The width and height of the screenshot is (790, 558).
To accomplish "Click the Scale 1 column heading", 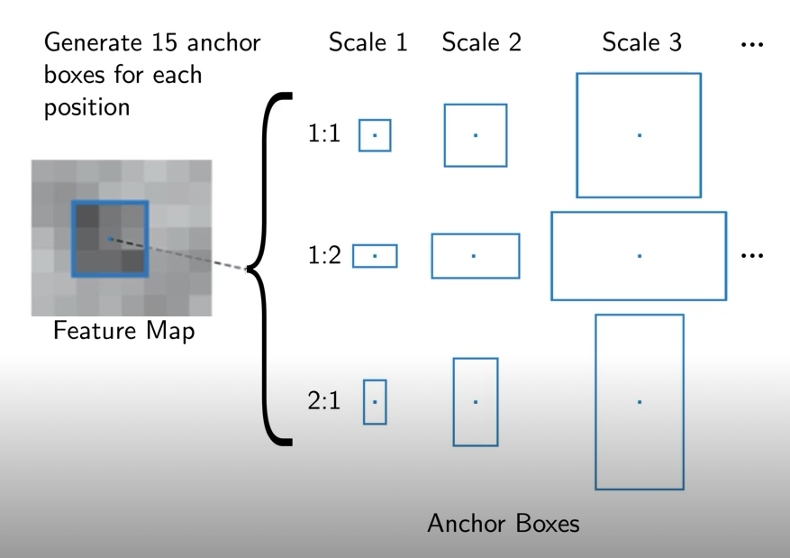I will tap(368, 42).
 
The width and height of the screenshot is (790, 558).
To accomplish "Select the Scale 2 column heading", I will tap(481, 42).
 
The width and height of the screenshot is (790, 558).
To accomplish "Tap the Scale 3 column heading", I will tap(641, 42).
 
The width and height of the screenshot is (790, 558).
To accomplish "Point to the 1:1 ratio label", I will tap(323, 136).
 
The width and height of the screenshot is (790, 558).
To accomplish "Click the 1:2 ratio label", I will tap(323, 257).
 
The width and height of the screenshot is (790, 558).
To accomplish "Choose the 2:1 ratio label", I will tap(323, 401).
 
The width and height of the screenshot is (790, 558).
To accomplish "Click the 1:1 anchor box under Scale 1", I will tap(375, 136).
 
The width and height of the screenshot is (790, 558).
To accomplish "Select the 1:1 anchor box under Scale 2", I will tap(475, 135).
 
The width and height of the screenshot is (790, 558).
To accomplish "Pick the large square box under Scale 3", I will tap(639, 135).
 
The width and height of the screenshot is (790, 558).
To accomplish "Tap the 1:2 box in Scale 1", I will tap(375, 256).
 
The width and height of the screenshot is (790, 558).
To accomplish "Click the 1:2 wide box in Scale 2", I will tap(475, 256).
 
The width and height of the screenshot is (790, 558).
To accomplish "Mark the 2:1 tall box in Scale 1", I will tap(375, 401).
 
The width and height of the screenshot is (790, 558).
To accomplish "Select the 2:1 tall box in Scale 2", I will tap(475, 401).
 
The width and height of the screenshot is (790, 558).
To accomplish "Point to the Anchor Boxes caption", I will tap(504, 523).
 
